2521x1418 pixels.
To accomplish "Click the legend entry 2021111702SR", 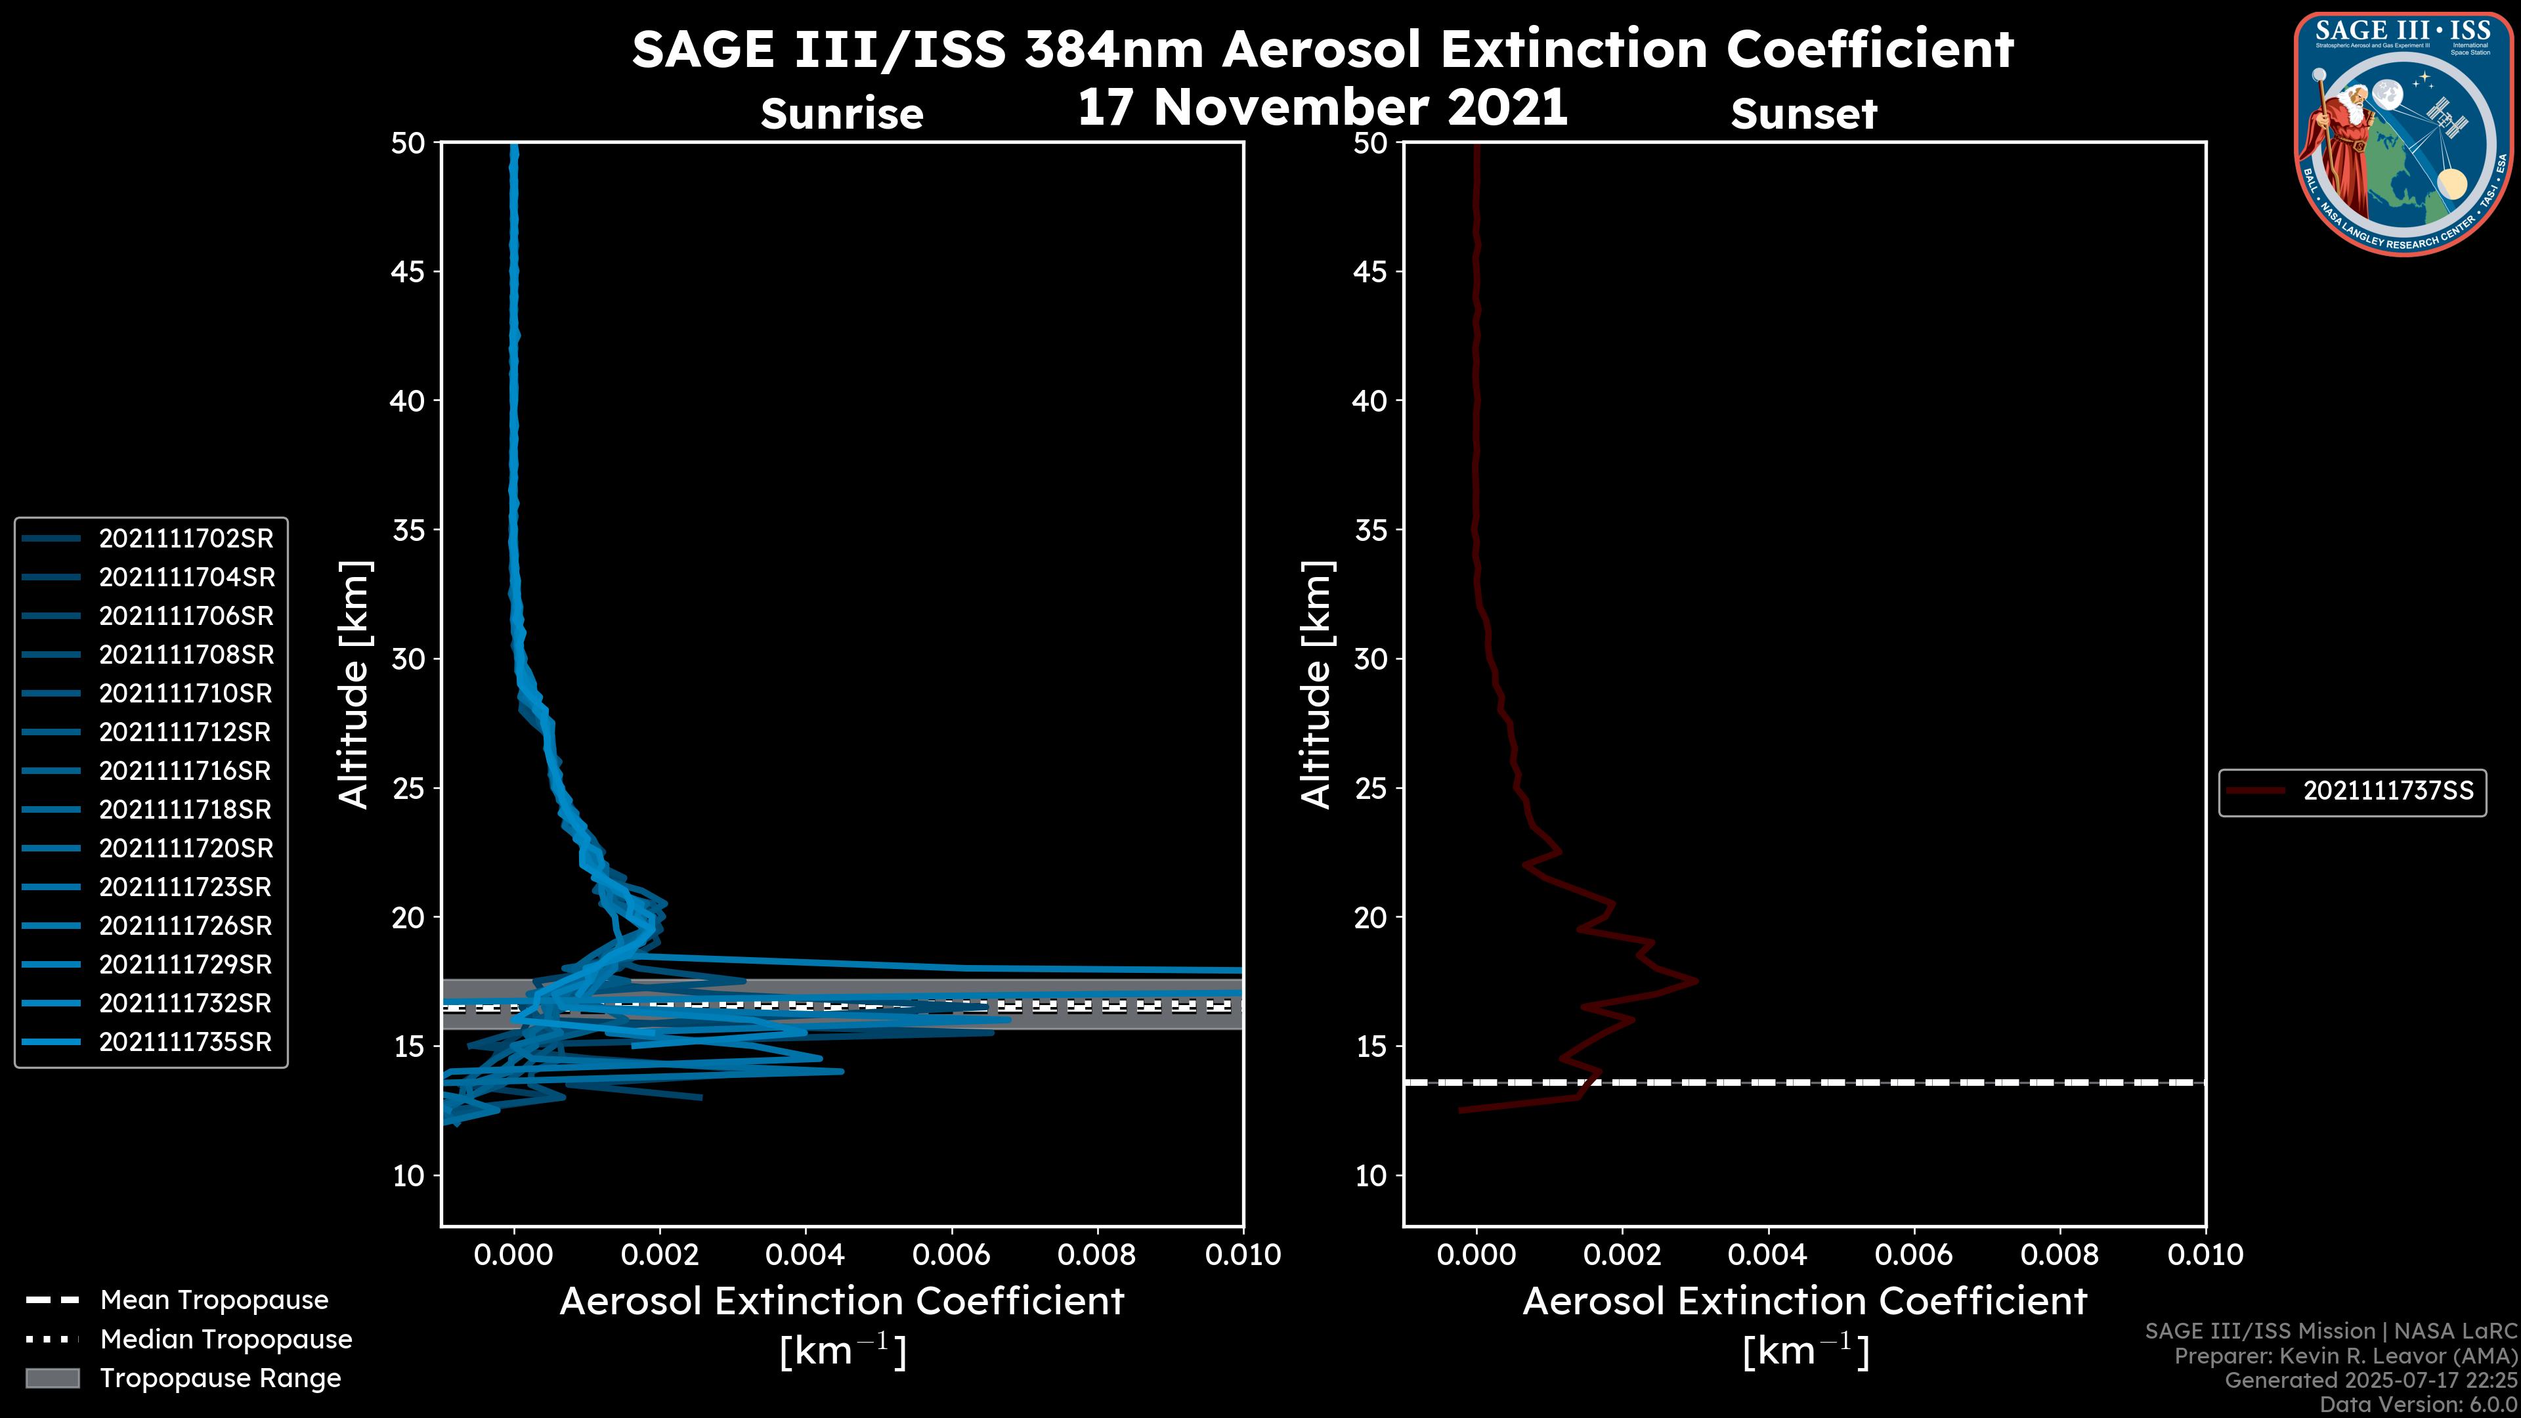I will click(186, 538).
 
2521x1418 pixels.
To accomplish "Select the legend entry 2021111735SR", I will click(185, 1041).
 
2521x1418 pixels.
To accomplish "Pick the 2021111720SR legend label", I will click(186, 848).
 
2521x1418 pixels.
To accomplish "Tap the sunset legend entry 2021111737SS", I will click(2388, 790).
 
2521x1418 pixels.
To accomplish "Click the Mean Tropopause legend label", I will click(214, 1300).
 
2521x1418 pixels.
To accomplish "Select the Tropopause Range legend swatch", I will click(53, 1378).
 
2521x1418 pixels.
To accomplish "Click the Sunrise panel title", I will click(842, 114).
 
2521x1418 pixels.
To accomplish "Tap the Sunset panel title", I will click(1803, 114).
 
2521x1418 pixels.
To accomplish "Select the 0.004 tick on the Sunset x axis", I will click(1767, 1255).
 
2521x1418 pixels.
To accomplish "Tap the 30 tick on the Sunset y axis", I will click(1370, 658).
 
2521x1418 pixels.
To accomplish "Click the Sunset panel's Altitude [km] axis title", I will click(1316, 685).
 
